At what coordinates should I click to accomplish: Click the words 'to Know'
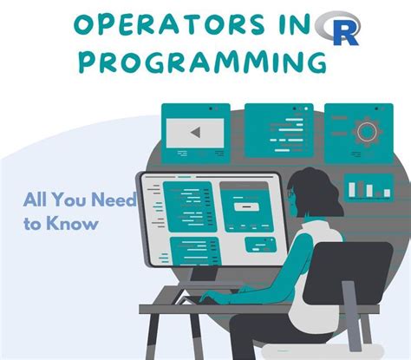(61, 223)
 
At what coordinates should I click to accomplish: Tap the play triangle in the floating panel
(196, 134)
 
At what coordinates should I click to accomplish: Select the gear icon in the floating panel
(368, 132)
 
